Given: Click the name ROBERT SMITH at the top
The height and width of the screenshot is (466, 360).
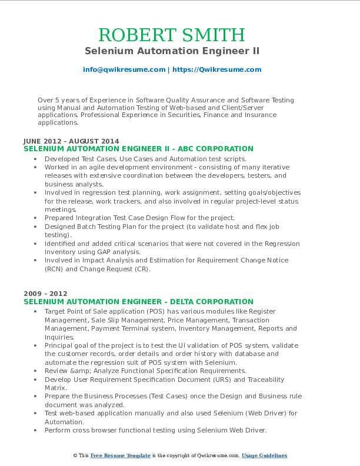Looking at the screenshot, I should [179, 34].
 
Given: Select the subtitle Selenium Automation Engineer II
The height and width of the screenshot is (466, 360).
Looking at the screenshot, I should [179, 51].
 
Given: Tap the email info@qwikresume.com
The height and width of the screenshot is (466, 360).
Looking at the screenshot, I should [124, 69].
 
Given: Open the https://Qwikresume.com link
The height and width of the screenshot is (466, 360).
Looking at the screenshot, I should [216, 69].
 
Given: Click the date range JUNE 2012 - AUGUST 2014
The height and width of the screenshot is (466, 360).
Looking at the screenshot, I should [71, 141].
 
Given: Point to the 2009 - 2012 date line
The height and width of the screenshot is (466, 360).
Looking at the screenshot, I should [45, 294].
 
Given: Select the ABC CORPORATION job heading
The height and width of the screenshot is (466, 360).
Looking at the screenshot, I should [138, 149].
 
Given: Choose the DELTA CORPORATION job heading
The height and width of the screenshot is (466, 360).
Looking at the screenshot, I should [138, 301].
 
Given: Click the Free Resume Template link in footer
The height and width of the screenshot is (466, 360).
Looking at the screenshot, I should [120, 456].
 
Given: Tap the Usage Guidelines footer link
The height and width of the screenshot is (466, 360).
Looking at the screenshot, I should [264, 456].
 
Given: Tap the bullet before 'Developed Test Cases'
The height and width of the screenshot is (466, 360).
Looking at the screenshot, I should [36, 159].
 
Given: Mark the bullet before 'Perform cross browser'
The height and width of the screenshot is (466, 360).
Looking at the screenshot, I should [36, 430].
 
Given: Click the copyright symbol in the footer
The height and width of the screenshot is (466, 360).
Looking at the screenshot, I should [75, 456].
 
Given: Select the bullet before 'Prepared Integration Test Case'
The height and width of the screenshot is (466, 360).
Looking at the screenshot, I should [36, 218].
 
